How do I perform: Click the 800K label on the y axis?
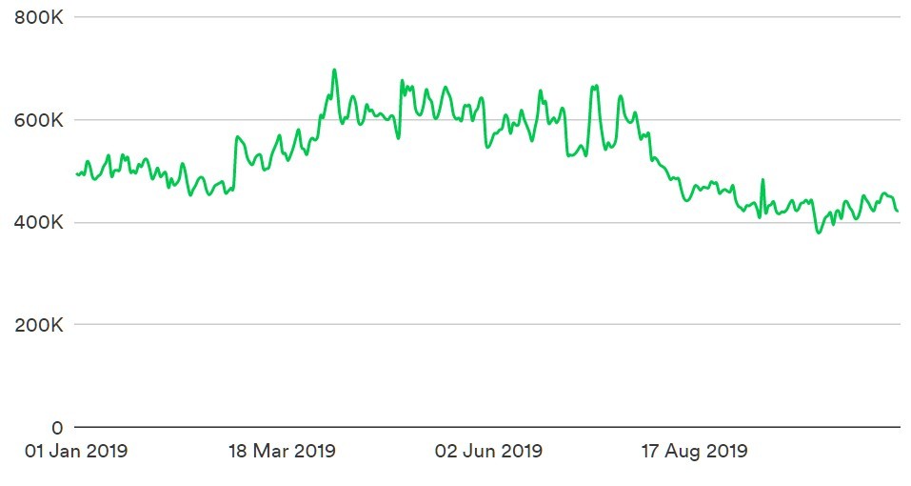[x=38, y=17]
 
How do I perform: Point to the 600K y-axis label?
[x=38, y=120]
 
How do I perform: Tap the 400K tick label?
[x=38, y=222]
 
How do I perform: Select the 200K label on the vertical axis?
[x=38, y=325]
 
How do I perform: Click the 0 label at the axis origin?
[x=57, y=428]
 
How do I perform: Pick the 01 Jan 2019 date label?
[x=76, y=451]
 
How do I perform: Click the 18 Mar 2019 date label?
[x=283, y=451]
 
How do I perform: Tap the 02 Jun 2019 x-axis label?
[x=488, y=451]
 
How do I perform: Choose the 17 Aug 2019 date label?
[x=694, y=451]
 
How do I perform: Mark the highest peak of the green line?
[x=334, y=71]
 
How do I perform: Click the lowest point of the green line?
[x=820, y=233]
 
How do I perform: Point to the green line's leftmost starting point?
[x=77, y=173]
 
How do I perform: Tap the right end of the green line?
[x=898, y=211]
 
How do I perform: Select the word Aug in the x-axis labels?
[x=681, y=451]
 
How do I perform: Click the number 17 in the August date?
[x=650, y=451]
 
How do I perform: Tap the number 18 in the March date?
[x=238, y=451]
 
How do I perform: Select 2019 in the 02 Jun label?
[x=520, y=451]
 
